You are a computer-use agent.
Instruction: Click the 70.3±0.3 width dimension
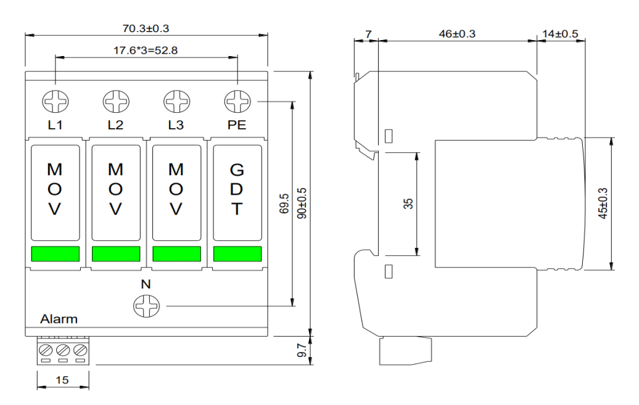point(146,28)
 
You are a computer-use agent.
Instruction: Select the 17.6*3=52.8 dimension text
point(146,51)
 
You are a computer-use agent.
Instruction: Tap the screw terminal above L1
point(56,102)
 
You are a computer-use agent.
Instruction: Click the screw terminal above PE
point(237,102)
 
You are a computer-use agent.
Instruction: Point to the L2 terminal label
point(115,125)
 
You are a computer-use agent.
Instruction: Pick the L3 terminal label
point(176,125)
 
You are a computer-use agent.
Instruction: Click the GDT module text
point(237,189)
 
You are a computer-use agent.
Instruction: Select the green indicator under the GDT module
point(237,254)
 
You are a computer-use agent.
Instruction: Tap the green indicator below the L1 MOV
point(56,254)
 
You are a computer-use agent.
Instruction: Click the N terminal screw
point(146,306)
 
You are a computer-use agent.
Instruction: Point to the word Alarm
point(59,319)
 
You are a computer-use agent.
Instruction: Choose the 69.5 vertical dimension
point(284,203)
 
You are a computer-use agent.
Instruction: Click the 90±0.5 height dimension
point(302,203)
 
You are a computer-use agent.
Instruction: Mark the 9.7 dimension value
point(302,350)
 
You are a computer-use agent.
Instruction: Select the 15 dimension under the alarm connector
point(62,380)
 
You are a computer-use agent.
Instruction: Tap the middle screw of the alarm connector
point(63,350)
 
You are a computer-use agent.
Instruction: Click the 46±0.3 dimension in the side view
point(457,34)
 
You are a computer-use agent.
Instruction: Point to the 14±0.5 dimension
point(560,34)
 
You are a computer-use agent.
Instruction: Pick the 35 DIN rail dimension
point(408,203)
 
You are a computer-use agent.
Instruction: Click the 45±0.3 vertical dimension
point(603,203)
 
